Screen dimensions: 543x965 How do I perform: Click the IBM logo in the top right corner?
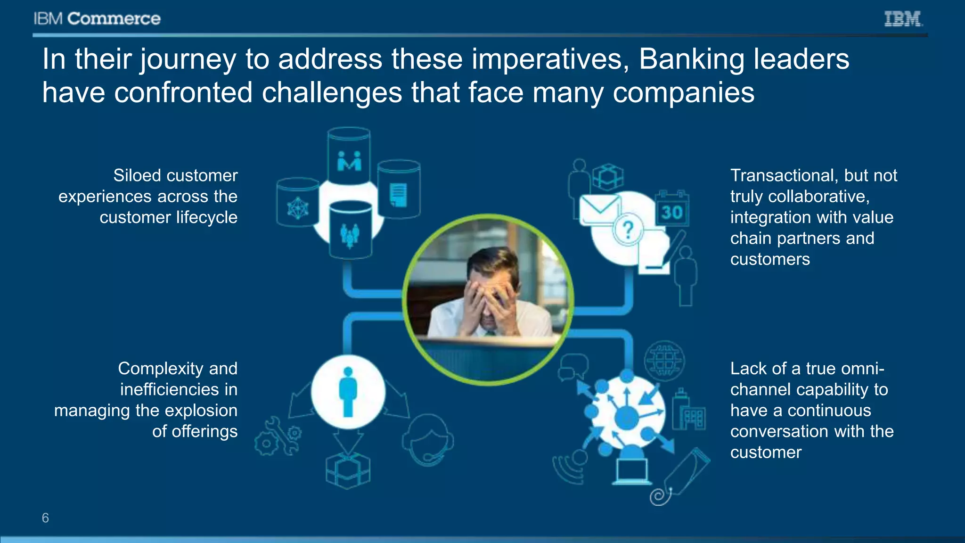(x=903, y=19)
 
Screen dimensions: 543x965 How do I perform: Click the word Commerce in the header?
(x=114, y=19)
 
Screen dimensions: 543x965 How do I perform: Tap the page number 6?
(x=45, y=518)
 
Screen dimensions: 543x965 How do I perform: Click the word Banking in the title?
(x=690, y=59)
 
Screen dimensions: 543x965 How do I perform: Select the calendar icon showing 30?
(x=672, y=209)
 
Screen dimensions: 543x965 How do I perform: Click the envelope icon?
(x=599, y=209)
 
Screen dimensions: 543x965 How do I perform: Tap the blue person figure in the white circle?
(x=348, y=392)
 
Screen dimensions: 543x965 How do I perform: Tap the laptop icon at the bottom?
(x=632, y=471)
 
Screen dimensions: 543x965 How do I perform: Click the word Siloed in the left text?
(x=136, y=175)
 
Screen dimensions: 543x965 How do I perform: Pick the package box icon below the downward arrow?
(x=348, y=471)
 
